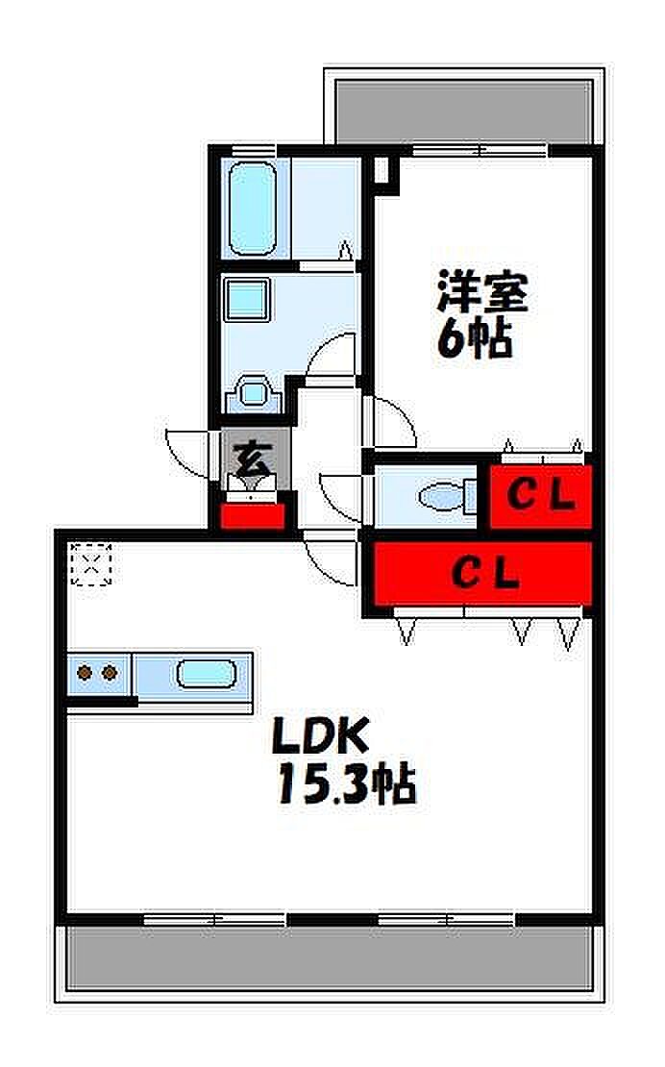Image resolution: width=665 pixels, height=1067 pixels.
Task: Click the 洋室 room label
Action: coord(482,291)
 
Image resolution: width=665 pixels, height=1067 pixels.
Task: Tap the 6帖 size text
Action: coord(475,338)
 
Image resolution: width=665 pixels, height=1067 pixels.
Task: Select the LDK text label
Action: coord(320,735)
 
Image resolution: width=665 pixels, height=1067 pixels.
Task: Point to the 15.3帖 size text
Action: coord(347,784)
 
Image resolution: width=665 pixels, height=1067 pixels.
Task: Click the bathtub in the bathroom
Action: coord(253,208)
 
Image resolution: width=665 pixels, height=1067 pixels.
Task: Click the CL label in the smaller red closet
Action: coord(541,497)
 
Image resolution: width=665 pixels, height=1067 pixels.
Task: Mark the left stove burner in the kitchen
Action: coord(85,673)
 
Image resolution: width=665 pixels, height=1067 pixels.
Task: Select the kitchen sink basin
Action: coord(207,673)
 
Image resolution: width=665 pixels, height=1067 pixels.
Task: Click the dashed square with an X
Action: coord(92,563)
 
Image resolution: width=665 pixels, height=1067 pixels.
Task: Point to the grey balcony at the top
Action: coord(462,112)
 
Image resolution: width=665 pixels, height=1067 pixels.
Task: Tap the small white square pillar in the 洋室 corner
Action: coord(383,170)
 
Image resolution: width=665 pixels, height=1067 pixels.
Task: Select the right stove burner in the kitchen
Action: coord(110,673)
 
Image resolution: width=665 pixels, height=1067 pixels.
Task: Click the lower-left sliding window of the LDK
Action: coord(214,920)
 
